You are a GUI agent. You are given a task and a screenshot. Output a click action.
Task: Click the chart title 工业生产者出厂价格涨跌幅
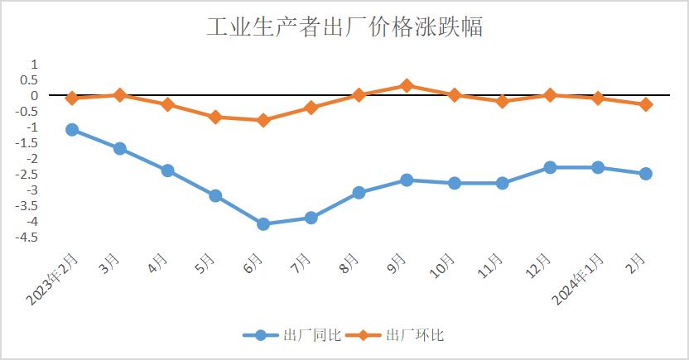[x=344, y=26]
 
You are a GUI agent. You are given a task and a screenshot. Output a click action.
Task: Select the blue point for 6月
[x=263, y=223]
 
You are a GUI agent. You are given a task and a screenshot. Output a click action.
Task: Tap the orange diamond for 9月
[x=407, y=85]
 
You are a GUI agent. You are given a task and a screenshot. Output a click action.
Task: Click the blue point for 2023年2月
[x=72, y=129]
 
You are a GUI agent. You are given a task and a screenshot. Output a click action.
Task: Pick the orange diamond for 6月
[x=263, y=120]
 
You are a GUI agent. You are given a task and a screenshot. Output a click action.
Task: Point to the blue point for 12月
[x=550, y=167]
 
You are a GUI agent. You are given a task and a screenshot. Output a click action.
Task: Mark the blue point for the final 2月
[x=645, y=174]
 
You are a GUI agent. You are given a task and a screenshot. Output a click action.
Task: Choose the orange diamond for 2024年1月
[x=598, y=98]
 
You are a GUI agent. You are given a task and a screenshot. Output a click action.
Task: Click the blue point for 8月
[x=359, y=192]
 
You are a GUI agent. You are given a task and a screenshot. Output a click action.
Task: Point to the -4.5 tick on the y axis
[x=27, y=238]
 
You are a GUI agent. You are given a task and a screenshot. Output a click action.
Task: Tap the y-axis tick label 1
[x=34, y=64]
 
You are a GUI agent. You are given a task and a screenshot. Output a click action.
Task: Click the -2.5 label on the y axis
[x=27, y=175]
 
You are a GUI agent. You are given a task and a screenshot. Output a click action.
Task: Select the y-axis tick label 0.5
[x=30, y=79]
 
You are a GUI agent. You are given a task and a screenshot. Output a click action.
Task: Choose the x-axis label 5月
[x=206, y=265]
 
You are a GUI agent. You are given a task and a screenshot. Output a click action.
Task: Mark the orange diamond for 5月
[x=215, y=117]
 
